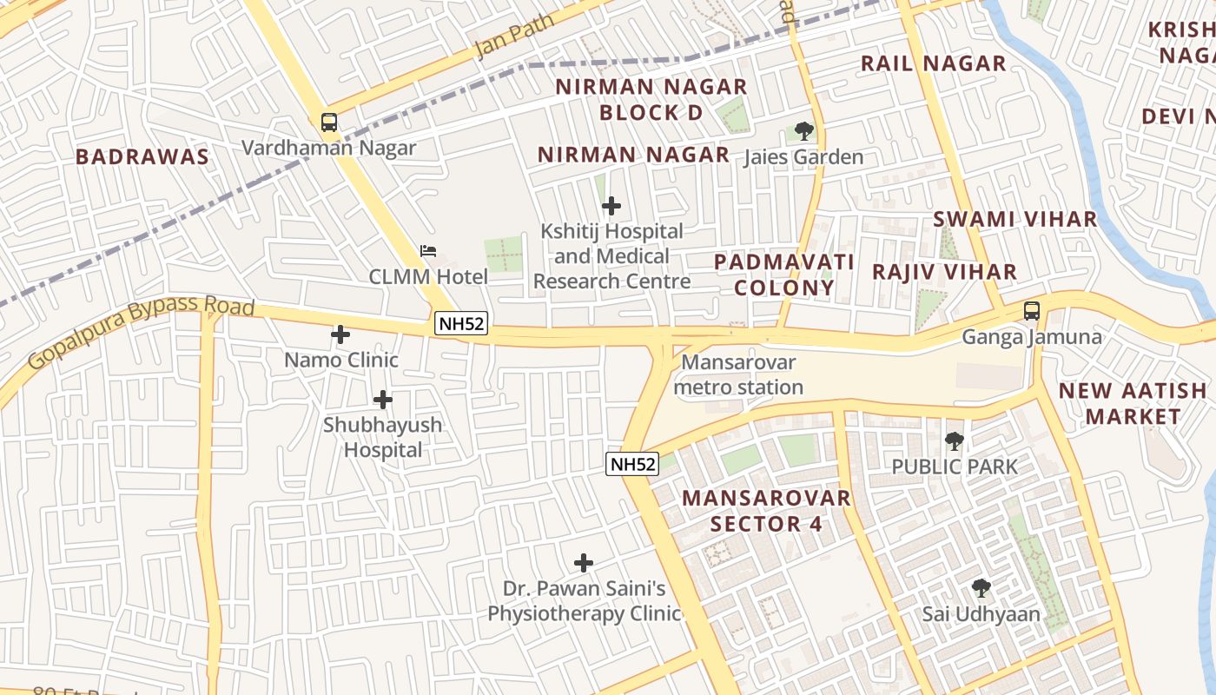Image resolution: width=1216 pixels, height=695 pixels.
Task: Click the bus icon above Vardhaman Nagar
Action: tap(328, 122)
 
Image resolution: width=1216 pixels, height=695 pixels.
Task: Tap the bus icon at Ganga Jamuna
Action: tap(1032, 310)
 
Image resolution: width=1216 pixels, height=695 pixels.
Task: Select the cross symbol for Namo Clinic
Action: tap(340, 334)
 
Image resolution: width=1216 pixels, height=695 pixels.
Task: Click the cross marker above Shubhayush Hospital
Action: tap(382, 400)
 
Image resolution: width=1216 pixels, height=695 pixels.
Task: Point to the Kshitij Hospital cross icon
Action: tap(611, 206)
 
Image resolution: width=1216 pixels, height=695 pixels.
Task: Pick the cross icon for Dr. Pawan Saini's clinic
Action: tap(584, 563)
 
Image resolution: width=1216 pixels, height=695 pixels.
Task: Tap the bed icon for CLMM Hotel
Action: tap(428, 251)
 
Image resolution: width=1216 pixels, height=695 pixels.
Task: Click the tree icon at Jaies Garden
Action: tap(804, 131)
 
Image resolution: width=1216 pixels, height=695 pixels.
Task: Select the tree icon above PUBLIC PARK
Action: tap(955, 440)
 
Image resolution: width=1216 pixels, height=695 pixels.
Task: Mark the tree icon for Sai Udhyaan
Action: tap(981, 588)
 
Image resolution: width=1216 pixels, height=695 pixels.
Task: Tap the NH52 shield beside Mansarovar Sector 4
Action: tap(632, 464)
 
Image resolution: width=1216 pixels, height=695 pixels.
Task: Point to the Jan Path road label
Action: tap(514, 36)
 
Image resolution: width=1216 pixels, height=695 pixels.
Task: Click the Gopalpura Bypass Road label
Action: tap(141, 331)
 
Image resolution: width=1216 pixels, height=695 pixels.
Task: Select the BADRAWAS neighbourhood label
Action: tap(142, 156)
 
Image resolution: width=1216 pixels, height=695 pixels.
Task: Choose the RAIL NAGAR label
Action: tap(933, 63)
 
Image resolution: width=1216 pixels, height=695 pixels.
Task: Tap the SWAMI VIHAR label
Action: tap(1014, 219)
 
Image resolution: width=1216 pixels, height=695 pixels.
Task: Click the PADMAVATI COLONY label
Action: tap(784, 275)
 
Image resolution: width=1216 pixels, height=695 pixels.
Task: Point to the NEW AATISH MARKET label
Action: tap(1133, 403)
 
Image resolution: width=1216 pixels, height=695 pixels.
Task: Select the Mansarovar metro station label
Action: tap(738, 374)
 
